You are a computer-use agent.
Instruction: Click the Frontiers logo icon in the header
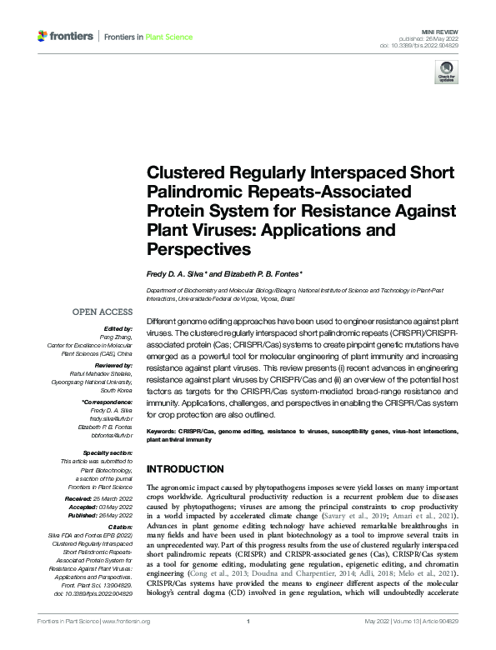43,37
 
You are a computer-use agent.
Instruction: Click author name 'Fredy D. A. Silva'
174,274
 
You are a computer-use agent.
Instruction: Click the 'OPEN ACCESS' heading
103,312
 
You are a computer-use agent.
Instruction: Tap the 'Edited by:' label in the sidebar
119,328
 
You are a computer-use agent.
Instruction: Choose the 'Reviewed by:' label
114,366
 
